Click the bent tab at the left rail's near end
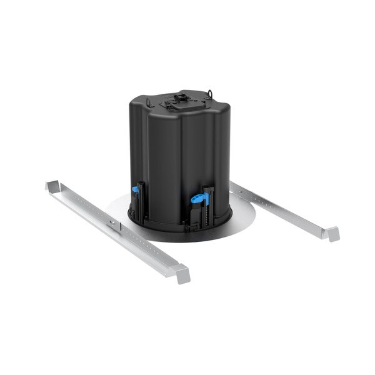pos(181,273)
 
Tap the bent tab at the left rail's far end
pos(52,187)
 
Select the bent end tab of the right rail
pos(329,232)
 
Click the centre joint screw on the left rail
pos(112,223)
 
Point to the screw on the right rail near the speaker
pos(244,189)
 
